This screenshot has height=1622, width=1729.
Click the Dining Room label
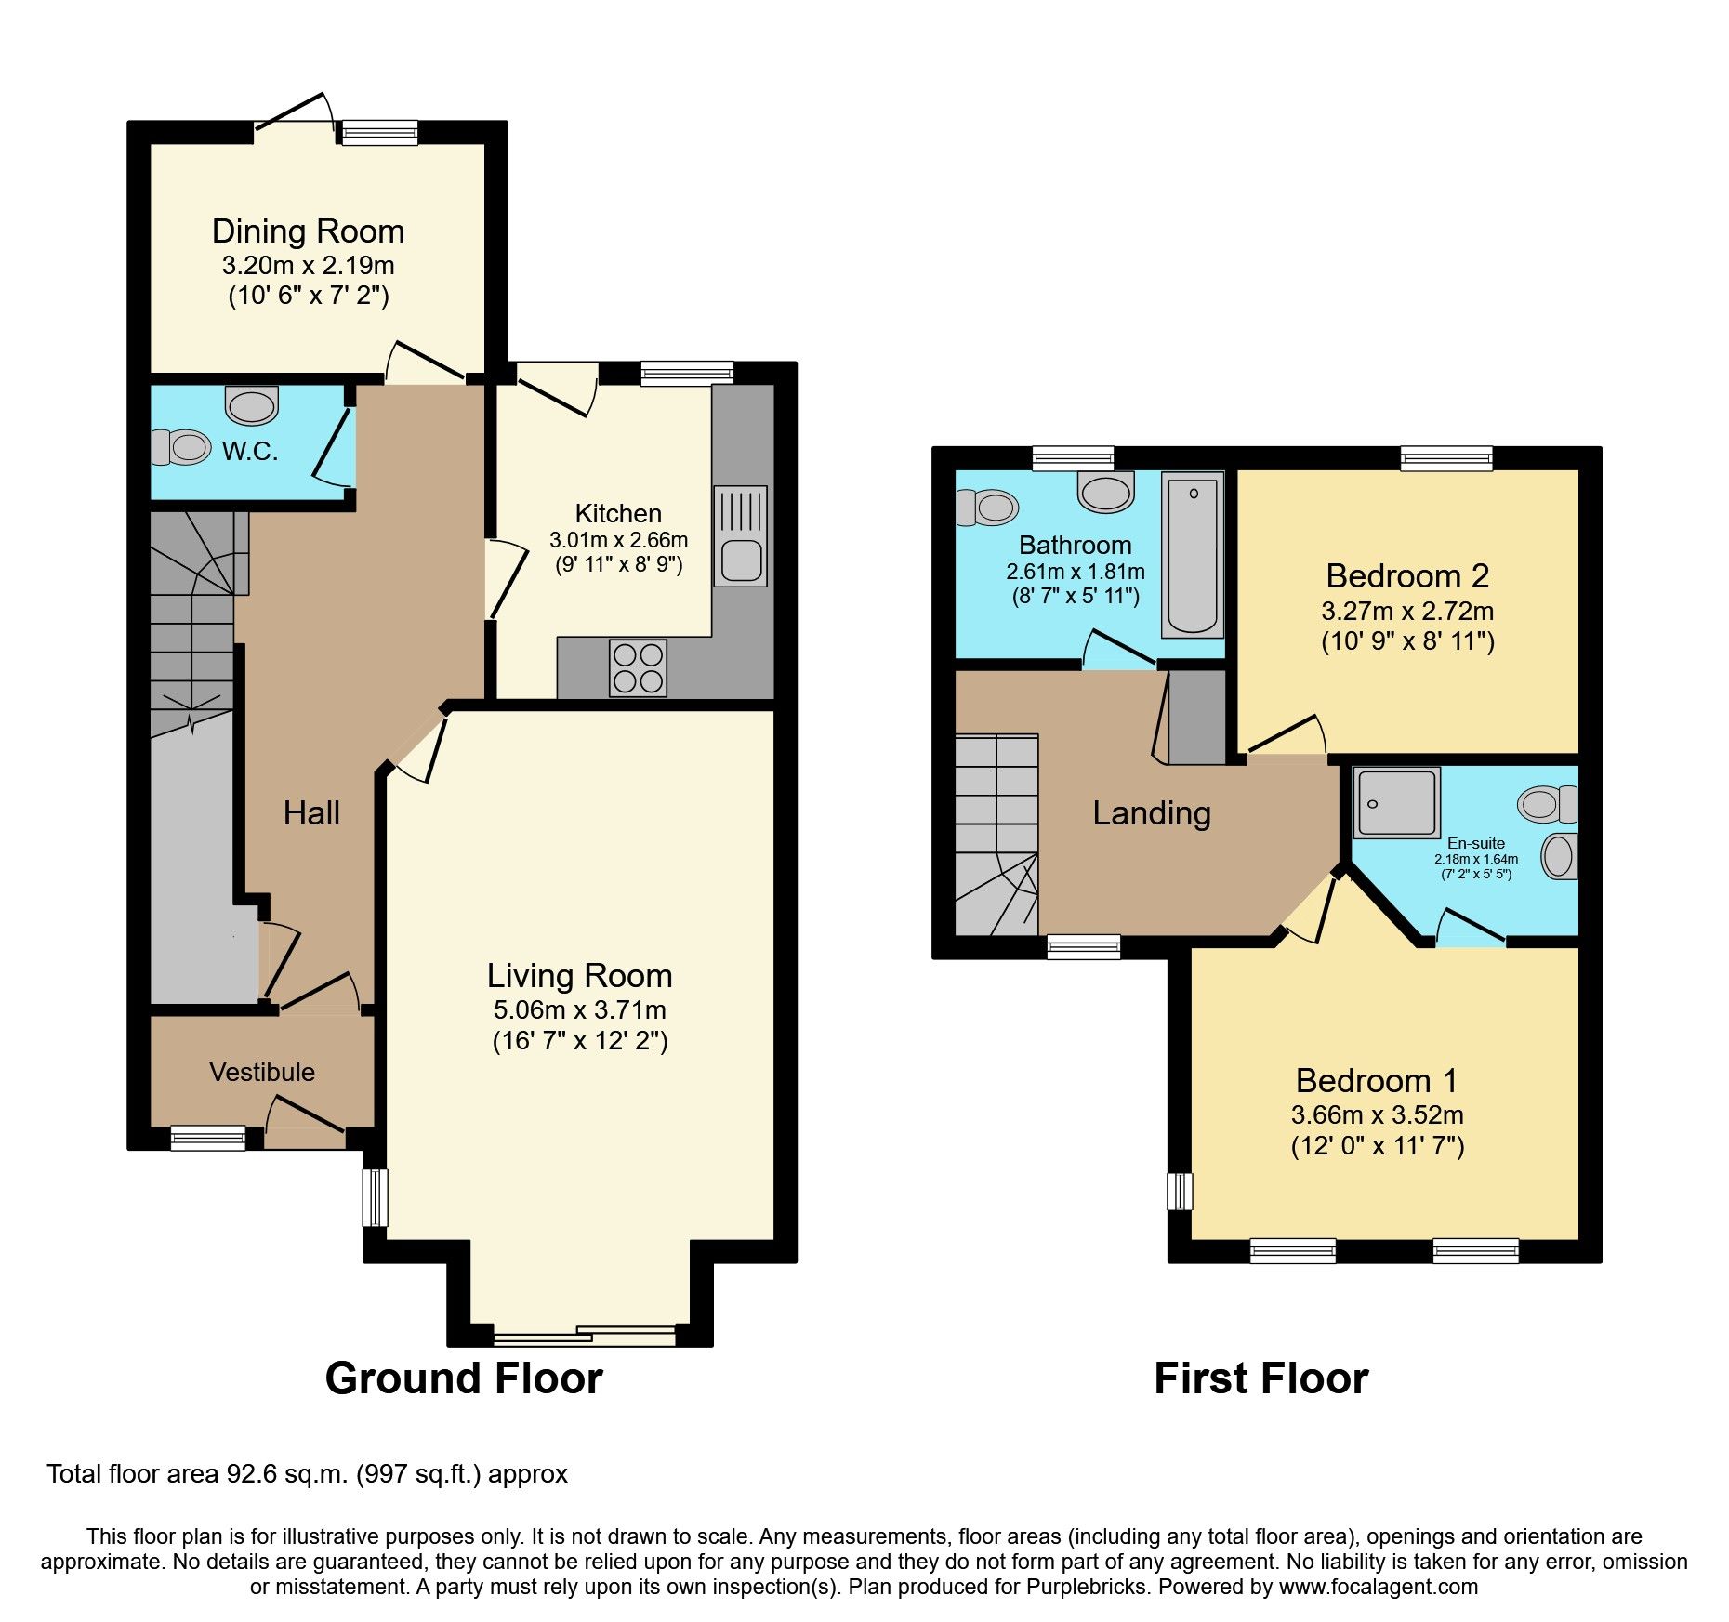click(x=308, y=231)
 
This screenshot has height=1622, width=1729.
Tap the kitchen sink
click(x=741, y=536)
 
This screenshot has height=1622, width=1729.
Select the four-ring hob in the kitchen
click(x=639, y=667)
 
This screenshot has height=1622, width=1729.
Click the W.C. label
click(x=250, y=452)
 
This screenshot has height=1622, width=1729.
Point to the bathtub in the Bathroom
click(x=1193, y=555)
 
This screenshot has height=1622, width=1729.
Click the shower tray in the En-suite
click(x=1396, y=802)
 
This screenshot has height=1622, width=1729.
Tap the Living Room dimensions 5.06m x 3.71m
click(x=579, y=1010)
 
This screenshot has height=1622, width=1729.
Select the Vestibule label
click(x=262, y=1073)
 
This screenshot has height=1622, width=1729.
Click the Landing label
click(x=1152, y=813)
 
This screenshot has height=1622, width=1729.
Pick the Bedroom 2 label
click(x=1407, y=576)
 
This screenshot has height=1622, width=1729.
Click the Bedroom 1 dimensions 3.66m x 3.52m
click(x=1377, y=1115)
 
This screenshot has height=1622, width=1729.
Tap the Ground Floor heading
click(x=464, y=1378)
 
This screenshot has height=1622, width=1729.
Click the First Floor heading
click(x=1260, y=1378)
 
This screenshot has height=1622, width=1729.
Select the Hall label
click(x=311, y=813)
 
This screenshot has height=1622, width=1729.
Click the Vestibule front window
click(x=208, y=1138)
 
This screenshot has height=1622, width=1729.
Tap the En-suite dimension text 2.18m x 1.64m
click(x=1476, y=859)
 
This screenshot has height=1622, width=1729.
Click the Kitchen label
click(x=618, y=514)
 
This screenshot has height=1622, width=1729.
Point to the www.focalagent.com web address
click(x=1379, y=1587)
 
